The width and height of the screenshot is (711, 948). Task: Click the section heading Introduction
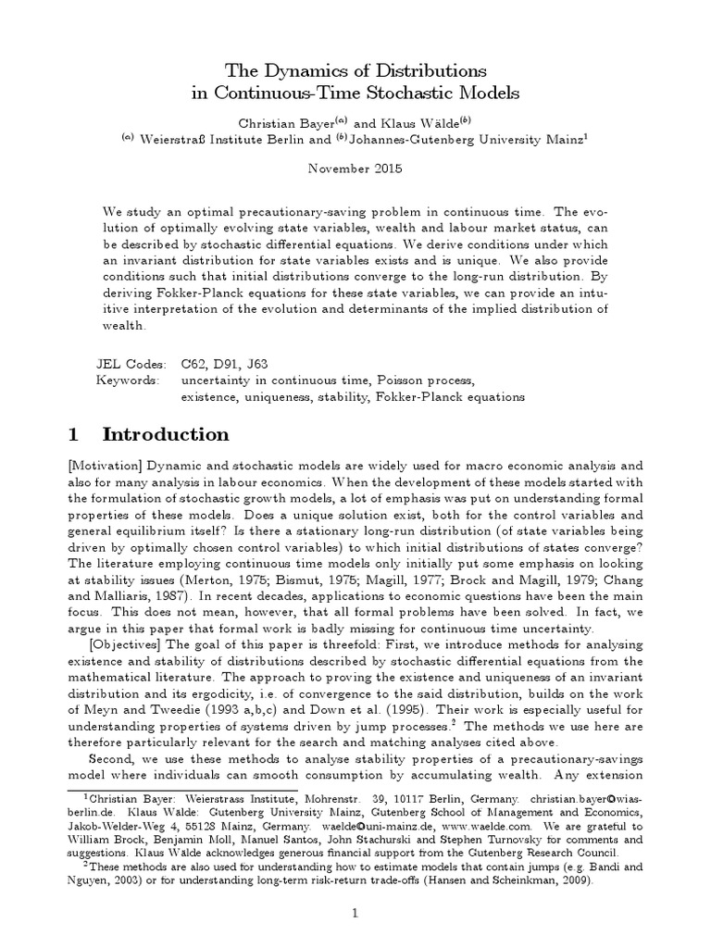pos(165,434)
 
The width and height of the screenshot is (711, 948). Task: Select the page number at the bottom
pos(355,913)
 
